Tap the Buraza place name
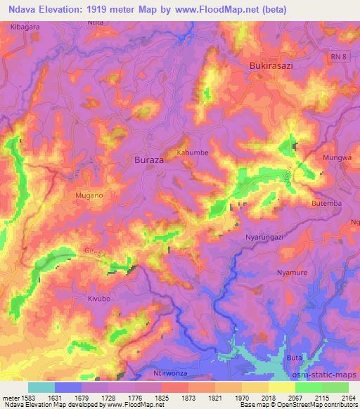(x=149, y=160)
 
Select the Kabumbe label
(x=193, y=152)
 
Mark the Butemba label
(x=326, y=204)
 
